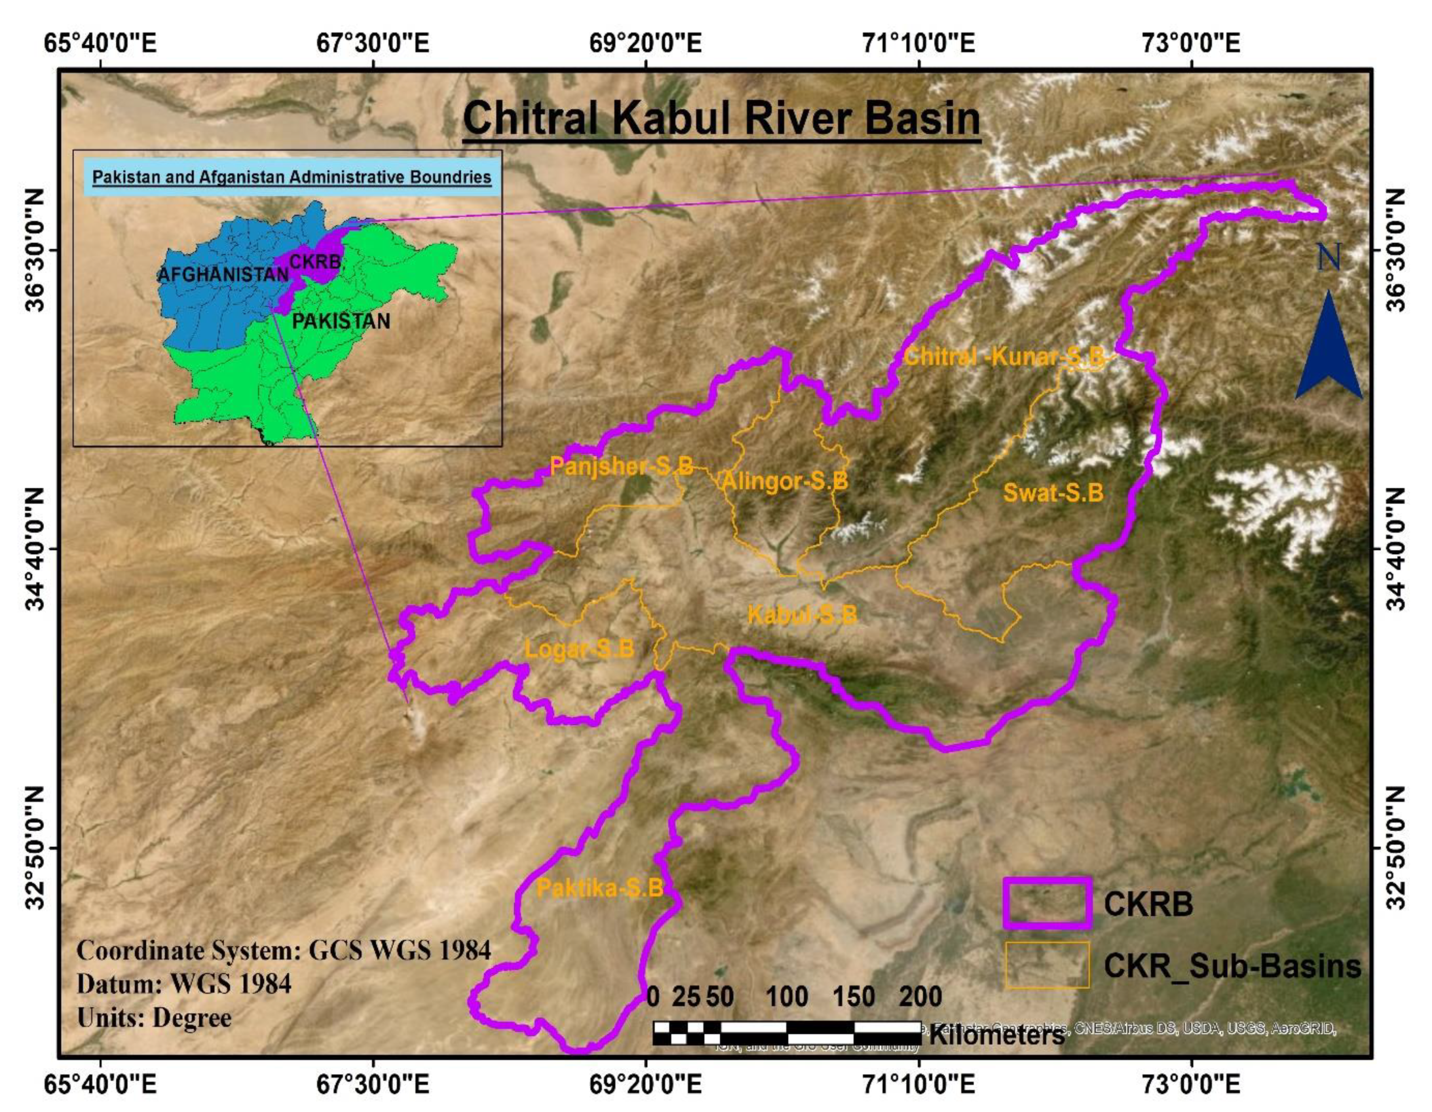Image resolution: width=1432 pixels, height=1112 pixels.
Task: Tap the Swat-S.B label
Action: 1053,493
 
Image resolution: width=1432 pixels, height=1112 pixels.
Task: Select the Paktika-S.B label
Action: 599,889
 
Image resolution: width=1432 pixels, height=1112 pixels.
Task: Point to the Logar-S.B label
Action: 579,649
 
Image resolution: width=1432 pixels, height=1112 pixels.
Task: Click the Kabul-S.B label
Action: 802,615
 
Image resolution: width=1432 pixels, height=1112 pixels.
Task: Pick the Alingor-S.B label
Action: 784,481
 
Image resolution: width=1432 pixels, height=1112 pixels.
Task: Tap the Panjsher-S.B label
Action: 621,466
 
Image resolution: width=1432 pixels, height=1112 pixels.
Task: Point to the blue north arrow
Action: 1329,347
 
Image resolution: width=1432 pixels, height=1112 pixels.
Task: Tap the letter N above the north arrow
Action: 1329,258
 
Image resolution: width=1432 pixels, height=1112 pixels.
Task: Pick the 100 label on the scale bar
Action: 787,997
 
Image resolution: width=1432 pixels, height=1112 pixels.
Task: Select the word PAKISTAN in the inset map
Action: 340,321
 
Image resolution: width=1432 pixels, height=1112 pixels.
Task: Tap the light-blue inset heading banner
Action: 292,177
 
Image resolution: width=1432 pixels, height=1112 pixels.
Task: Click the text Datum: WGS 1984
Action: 184,983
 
